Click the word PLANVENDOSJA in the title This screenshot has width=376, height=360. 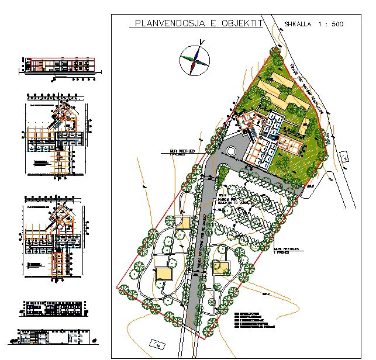tap(168, 24)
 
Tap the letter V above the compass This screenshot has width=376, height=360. tap(200, 41)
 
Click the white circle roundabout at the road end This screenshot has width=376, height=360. tap(230, 151)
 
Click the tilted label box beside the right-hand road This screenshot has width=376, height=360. tap(344, 155)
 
